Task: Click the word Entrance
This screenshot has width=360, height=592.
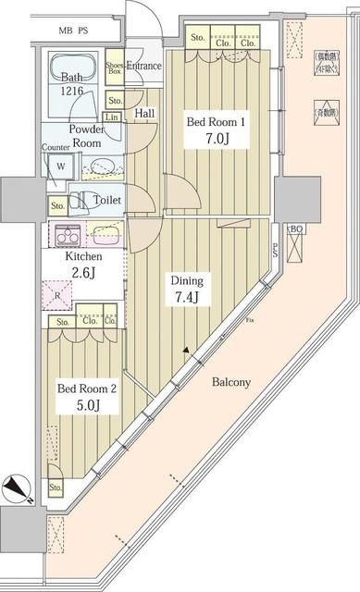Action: coord(144,66)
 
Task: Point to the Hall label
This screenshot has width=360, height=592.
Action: coord(144,113)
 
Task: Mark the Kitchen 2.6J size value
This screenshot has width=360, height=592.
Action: coord(83,272)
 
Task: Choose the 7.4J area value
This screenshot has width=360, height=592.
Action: coord(183,297)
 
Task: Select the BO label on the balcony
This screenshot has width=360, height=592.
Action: coord(296,228)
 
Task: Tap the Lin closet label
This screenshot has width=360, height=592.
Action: coord(112,118)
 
